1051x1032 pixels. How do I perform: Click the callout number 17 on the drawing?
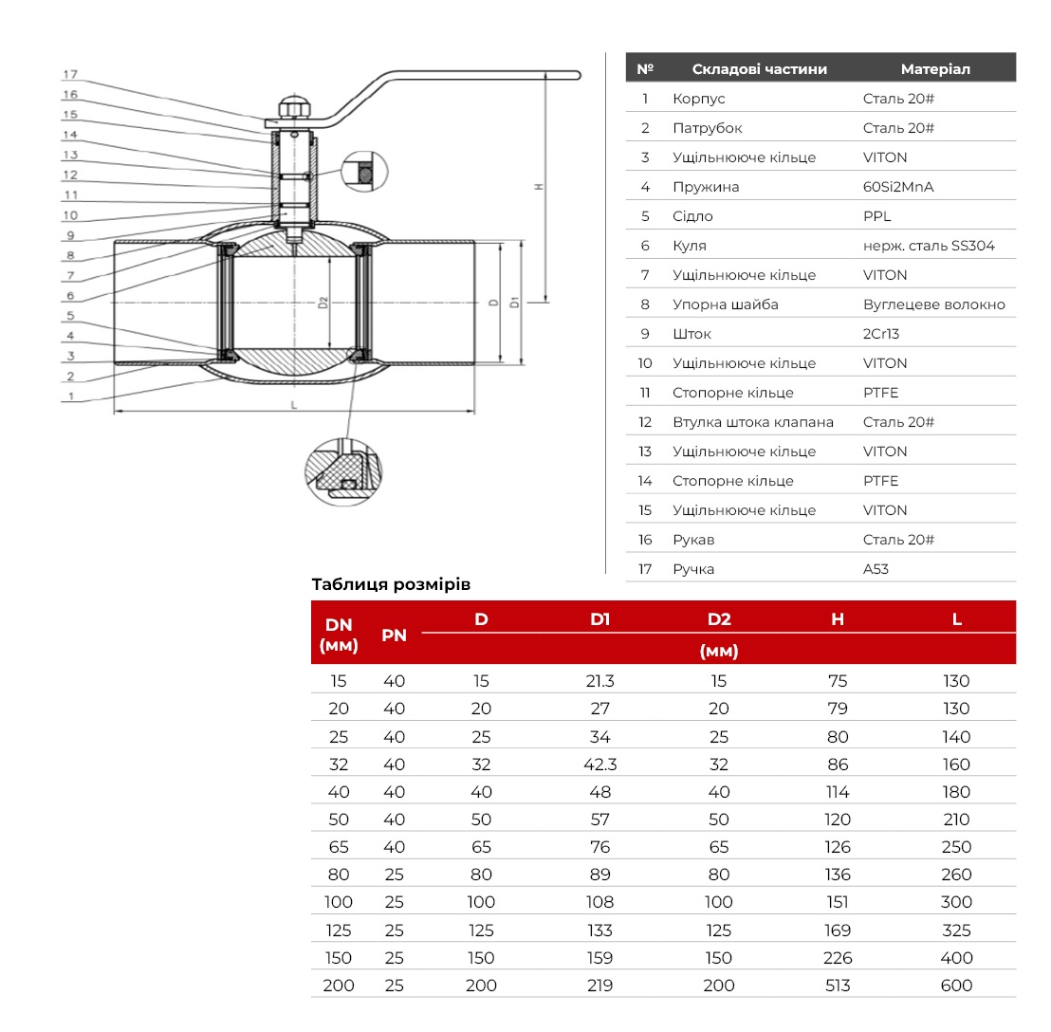(x=70, y=74)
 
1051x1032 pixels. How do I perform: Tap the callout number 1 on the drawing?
(x=70, y=396)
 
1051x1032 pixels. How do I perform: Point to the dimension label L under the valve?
(x=294, y=405)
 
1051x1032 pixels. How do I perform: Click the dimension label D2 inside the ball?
(x=323, y=303)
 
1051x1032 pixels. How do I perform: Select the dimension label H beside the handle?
(x=538, y=187)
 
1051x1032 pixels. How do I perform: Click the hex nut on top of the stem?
(x=294, y=108)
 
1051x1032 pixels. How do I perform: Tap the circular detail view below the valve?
(x=343, y=471)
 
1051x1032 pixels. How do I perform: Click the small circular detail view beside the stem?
(x=364, y=172)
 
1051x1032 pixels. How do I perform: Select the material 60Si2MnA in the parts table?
(x=898, y=187)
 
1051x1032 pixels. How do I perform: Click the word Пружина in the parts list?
(x=706, y=187)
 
